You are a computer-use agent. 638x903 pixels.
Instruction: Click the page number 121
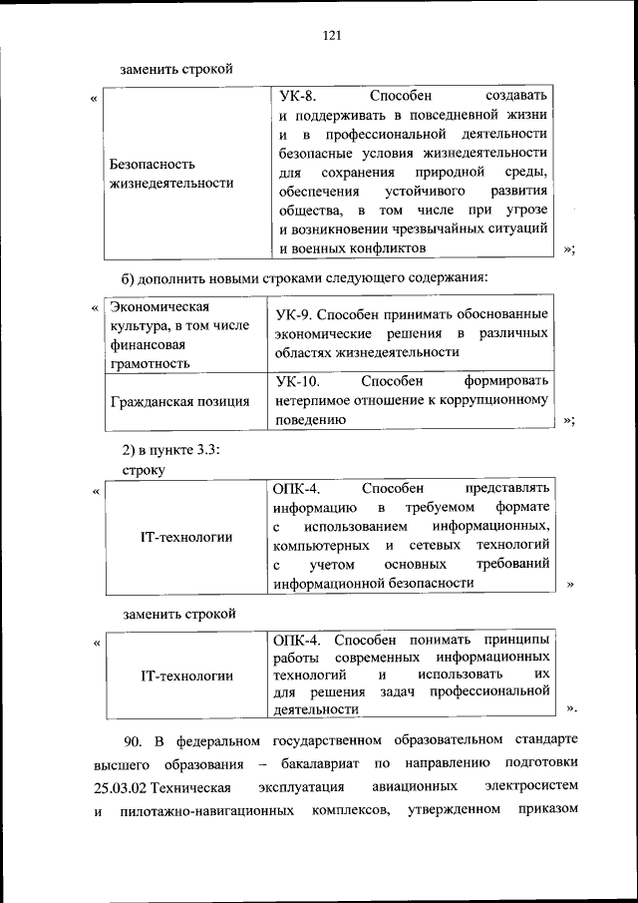tap(332, 36)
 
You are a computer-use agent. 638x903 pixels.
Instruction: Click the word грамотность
tap(150, 363)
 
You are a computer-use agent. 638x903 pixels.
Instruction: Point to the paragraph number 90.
tap(135, 742)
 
